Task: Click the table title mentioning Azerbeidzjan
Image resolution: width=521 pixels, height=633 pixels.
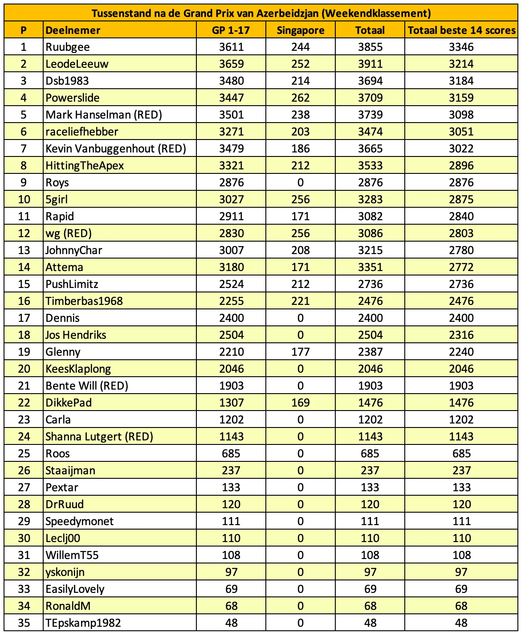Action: tap(261, 13)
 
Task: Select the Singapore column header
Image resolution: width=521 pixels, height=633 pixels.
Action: tap(300, 30)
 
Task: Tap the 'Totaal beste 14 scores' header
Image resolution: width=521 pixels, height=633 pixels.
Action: tap(461, 30)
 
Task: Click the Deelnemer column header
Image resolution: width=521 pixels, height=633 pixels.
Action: tap(73, 30)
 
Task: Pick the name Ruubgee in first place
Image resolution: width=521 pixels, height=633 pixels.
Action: tap(68, 47)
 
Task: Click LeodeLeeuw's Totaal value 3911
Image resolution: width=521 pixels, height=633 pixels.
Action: tap(370, 64)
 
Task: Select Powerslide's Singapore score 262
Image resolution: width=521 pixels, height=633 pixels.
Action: tap(300, 98)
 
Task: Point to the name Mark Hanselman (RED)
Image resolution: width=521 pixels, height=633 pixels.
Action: tap(104, 115)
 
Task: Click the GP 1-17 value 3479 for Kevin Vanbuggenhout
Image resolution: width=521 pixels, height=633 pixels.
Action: tap(231, 149)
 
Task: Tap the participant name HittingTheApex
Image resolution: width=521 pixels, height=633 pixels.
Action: tap(85, 166)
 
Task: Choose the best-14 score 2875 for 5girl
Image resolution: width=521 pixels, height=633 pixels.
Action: tap(461, 200)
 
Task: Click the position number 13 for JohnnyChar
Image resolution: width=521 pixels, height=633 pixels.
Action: tap(24, 251)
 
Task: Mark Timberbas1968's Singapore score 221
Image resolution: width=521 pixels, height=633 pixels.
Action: tap(300, 301)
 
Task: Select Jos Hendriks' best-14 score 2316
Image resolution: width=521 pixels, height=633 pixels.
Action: tap(461, 335)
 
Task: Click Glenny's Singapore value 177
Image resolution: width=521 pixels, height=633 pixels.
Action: tap(300, 352)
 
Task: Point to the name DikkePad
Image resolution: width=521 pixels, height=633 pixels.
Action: tap(69, 403)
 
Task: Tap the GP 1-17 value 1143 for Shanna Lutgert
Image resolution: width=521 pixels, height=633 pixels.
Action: tap(231, 437)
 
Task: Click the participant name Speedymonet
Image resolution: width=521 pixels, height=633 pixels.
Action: tap(79, 522)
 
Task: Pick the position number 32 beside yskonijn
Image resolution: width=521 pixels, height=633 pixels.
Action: tap(24, 572)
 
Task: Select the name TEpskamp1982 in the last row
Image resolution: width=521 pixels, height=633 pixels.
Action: tap(83, 623)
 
